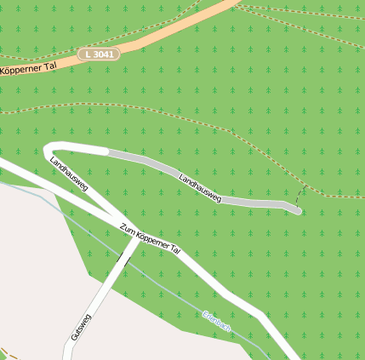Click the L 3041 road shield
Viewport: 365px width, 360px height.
(99, 54)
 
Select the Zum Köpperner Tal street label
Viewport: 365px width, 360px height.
(151, 240)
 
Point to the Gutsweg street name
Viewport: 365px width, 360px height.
(82, 327)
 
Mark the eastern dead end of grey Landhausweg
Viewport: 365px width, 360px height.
(298, 209)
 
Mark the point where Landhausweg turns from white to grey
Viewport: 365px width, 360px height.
(108, 152)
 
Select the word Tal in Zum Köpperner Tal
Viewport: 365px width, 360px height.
(175, 251)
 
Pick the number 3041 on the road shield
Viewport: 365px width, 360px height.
(103, 54)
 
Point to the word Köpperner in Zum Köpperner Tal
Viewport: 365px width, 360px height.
(151, 240)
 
